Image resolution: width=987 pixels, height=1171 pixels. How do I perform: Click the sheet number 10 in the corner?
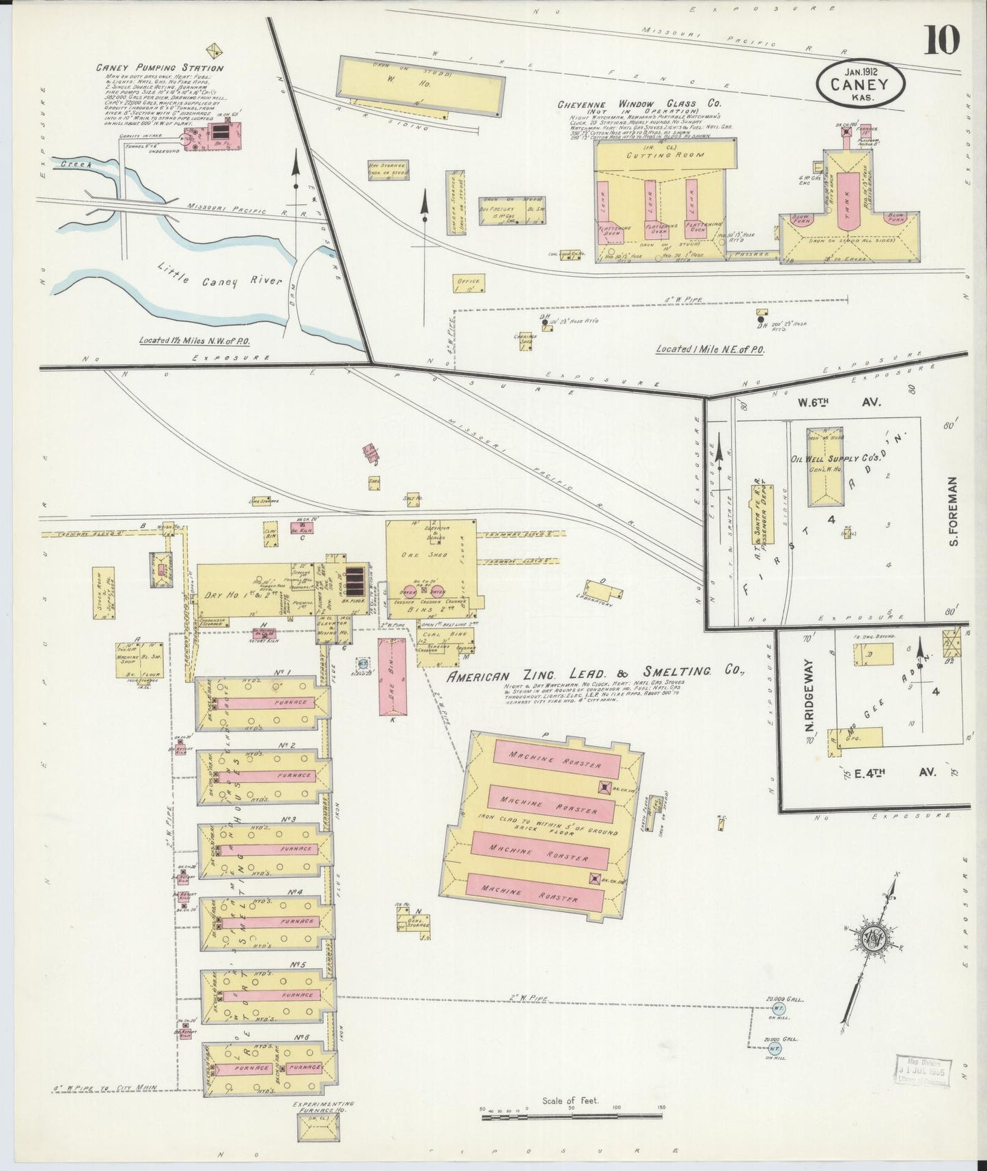click(x=943, y=39)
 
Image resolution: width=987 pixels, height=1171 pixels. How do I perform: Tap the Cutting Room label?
click(x=665, y=155)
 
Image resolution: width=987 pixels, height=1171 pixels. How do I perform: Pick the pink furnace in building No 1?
click(x=268, y=702)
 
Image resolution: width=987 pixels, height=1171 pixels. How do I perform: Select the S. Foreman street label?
click(x=954, y=511)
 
